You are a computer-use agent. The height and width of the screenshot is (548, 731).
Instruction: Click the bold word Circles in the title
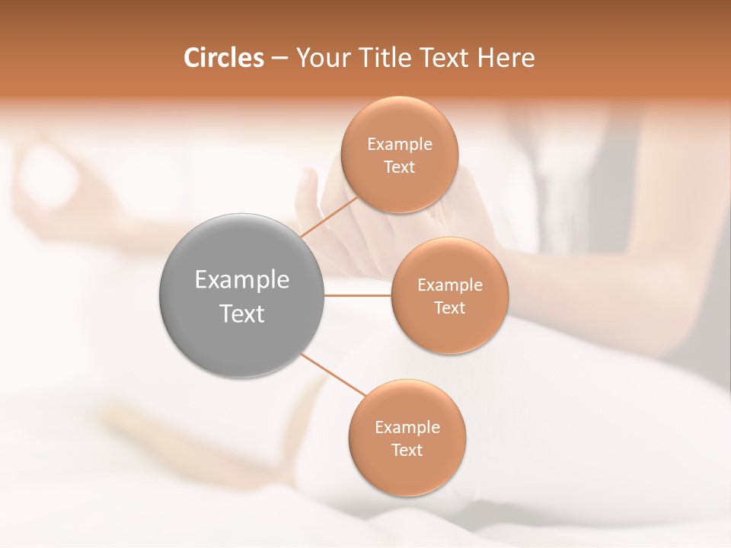click(223, 58)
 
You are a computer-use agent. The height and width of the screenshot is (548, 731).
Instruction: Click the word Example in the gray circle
click(242, 280)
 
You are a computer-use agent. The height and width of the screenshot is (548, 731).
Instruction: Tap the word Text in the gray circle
click(242, 314)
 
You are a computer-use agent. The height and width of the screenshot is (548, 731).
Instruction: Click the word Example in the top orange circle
click(399, 145)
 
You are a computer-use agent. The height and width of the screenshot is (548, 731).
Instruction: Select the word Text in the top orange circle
click(399, 167)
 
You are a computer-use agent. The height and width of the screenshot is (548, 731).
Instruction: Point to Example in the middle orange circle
click(449, 285)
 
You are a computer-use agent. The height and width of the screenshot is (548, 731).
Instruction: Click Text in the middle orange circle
click(449, 308)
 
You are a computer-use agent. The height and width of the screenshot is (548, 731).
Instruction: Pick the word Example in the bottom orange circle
click(407, 428)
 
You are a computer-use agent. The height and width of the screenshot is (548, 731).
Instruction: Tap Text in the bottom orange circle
click(407, 451)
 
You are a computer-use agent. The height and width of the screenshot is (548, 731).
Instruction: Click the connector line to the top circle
click(328, 218)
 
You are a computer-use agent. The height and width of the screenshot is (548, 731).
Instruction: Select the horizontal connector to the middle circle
click(358, 295)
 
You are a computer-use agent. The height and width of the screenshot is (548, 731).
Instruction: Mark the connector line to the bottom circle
click(333, 374)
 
